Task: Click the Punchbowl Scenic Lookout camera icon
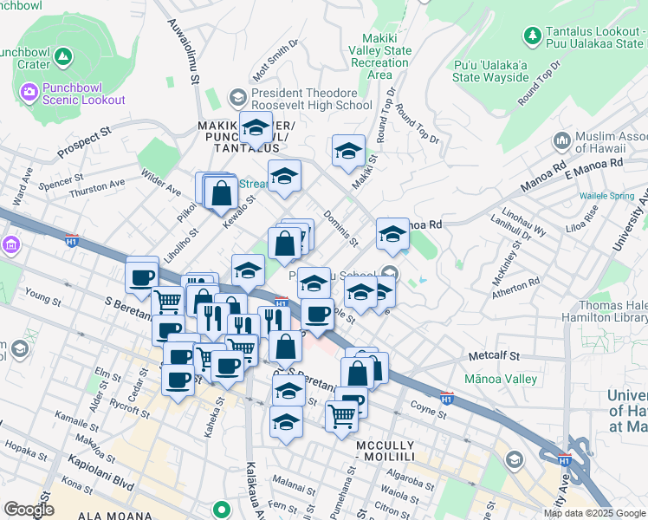pos(28,90)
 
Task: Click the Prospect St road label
pos(85,143)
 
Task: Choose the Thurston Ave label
pos(97,186)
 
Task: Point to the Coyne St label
pos(428,406)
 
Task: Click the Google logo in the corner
pos(29,510)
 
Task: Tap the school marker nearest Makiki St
pos(348,151)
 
